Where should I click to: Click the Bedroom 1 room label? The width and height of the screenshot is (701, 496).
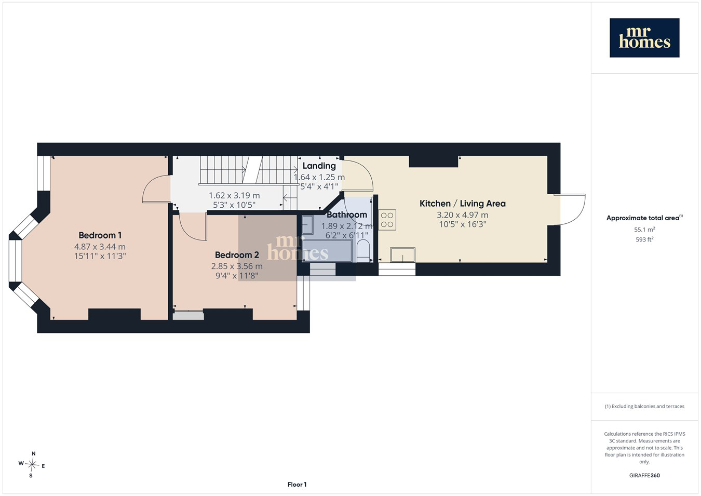[x=100, y=235]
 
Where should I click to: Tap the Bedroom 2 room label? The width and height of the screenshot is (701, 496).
[x=237, y=255]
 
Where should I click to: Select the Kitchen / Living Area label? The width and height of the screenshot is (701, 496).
[x=463, y=204]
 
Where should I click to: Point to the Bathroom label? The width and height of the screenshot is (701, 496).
[x=347, y=215]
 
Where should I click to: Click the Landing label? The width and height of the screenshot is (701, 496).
[x=319, y=166]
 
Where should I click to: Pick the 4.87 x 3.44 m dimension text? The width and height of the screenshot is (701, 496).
[x=100, y=247]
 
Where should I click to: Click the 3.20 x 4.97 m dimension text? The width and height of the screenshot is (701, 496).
[x=463, y=215]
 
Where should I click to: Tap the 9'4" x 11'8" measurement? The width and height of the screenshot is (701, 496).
[x=237, y=276]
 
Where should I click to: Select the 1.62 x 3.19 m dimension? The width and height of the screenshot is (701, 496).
[x=234, y=196]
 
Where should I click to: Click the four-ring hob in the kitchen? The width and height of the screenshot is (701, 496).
[x=387, y=220]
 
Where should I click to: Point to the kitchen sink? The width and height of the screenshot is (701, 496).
[x=403, y=254]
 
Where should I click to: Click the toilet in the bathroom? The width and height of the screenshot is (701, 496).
[x=363, y=251]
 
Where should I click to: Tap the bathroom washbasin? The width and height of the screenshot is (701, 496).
[x=307, y=225]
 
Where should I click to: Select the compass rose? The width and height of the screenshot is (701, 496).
[x=32, y=465]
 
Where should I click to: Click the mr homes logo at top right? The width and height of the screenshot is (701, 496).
[x=644, y=38]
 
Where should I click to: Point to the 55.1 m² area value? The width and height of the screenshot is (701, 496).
[x=644, y=230]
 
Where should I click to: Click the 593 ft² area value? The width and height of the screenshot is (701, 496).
[x=644, y=239]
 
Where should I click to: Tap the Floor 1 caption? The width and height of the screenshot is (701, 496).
[x=297, y=485]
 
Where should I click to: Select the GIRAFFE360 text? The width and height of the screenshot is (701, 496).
[x=644, y=475]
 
